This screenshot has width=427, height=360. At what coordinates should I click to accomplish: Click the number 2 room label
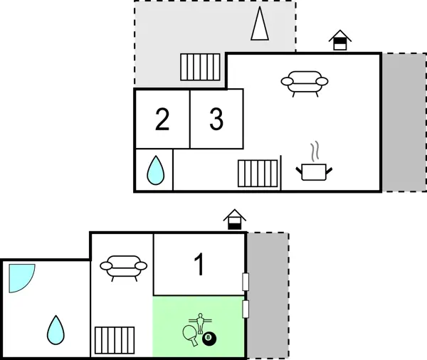click(162, 120)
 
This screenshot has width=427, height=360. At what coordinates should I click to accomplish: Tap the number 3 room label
click(216, 120)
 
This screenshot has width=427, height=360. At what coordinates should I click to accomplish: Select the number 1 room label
click(200, 265)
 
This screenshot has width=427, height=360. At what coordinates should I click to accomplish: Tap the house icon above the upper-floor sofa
click(340, 41)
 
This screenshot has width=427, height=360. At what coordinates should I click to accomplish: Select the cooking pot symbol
click(314, 171)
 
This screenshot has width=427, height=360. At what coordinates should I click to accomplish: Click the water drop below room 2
click(155, 171)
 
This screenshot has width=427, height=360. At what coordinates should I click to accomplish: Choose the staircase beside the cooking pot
click(258, 173)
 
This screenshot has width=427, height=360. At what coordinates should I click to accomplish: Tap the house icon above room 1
click(234, 220)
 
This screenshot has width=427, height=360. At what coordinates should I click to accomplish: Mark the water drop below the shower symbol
click(56, 329)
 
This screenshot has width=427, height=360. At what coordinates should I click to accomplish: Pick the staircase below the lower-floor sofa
click(115, 341)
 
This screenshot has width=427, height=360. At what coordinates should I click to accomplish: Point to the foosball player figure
click(201, 324)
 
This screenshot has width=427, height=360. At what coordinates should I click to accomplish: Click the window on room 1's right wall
click(246, 282)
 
